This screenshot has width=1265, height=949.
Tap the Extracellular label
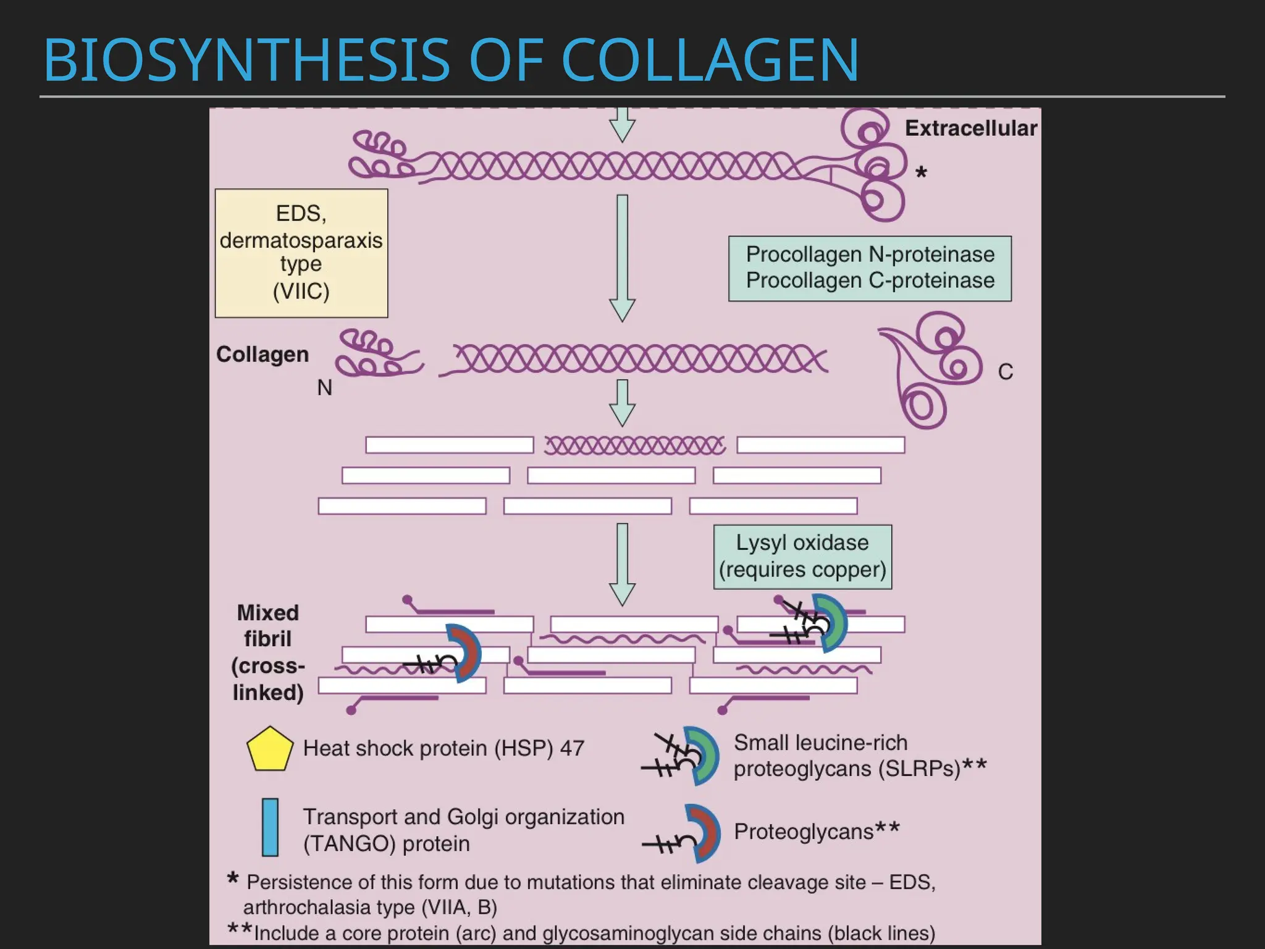pyautogui.click(x=970, y=129)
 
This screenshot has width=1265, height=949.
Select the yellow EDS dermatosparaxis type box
pyautogui.click(x=301, y=253)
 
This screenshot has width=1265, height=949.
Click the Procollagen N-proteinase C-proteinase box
pyautogui.click(x=870, y=268)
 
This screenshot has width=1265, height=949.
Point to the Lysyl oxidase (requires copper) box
pyautogui.click(x=802, y=557)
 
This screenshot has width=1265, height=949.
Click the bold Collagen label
pyautogui.click(x=263, y=355)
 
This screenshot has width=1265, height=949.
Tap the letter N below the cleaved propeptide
pyautogui.click(x=324, y=388)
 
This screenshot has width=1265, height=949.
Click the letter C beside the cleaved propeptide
pyautogui.click(x=1005, y=372)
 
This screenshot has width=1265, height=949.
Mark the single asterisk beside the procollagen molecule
pyautogui.click(x=921, y=173)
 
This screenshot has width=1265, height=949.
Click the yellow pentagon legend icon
pyautogui.click(x=269, y=749)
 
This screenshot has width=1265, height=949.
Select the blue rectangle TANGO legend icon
pyautogui.click(x=270, y=827)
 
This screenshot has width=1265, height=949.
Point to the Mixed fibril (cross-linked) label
pyautogui.click(x=267, y=652)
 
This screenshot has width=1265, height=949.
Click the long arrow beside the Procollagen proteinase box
pyautogui.click(x=622, y=258)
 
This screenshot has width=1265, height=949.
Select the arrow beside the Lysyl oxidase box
pyautogui.click(x=622, y=564)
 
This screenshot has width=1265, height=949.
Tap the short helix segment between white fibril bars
pyautogui.click(x=635, y=445)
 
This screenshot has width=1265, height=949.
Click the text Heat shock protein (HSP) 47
pyautogui.click(x=443, y=748)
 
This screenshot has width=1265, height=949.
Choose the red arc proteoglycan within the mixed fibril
pyautogui.click(x=467, y=653)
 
